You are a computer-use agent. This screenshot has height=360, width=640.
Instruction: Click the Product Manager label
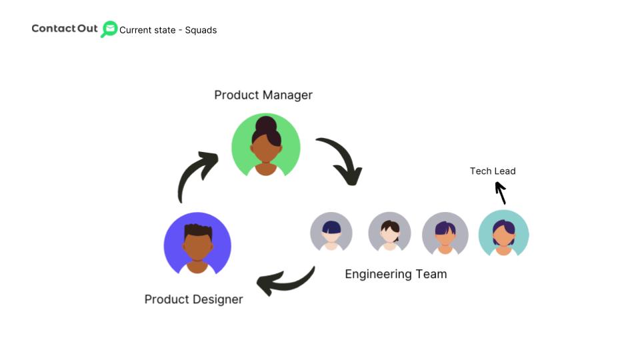point(263,95)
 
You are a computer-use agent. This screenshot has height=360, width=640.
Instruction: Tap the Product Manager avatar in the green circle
point(266,146)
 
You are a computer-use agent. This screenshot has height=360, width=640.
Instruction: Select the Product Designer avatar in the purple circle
point(197,245)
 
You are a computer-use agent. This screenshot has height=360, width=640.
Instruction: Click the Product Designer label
point(193,299)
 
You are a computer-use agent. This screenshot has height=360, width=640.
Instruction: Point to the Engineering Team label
point(395,274)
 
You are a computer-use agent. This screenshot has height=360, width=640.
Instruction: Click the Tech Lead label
point(493,171)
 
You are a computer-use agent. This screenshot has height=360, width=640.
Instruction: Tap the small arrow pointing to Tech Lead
point(501,193)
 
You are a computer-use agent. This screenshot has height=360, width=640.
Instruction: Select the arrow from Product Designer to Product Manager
point(195,175)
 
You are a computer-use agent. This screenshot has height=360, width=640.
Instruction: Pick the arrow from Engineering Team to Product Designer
point(286,282)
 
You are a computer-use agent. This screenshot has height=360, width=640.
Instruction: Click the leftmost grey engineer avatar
point(331,232)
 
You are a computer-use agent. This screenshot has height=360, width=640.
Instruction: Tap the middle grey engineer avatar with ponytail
point(389,233)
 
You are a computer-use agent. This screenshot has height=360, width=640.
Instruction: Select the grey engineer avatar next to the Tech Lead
point(445,233)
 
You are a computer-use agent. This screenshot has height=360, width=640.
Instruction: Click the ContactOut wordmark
point(65,29)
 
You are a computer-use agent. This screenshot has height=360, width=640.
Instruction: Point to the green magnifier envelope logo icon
point(109,29)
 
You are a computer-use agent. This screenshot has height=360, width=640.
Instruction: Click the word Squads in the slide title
point(201,30)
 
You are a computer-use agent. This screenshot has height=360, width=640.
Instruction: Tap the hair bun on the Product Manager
point(266,124)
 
